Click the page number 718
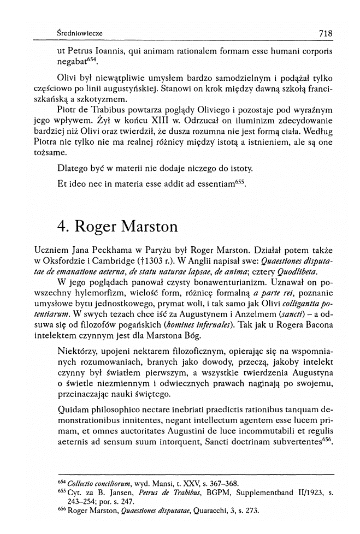click(x=325, y=33)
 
